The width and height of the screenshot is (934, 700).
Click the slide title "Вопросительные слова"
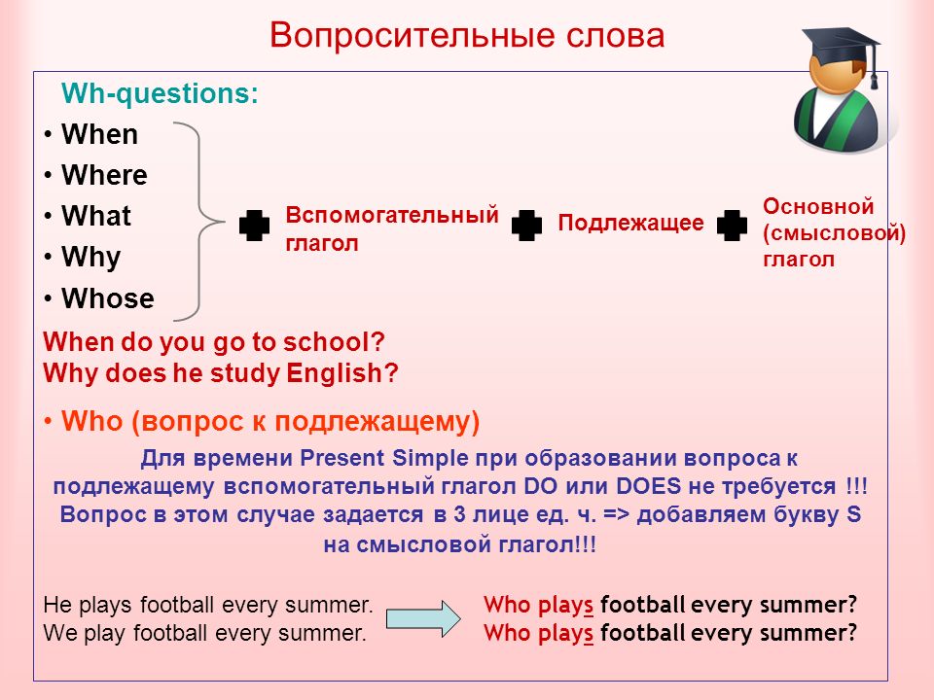pos(467,36)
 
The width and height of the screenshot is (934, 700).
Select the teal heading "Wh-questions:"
pos(160,94)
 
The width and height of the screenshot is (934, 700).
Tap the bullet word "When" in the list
pos(99,134)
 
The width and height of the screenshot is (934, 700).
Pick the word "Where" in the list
pos(104,175)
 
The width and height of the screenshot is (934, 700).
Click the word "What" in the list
pos(96,216)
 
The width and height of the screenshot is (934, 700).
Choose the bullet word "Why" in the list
pos(91,258)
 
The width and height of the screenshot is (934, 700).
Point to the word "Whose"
pos(108,298)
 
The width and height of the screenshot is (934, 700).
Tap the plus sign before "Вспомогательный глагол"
pos(254,225)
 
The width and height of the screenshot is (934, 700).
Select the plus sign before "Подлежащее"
pos(526,225)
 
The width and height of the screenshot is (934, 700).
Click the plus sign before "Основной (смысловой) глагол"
pos(732,225)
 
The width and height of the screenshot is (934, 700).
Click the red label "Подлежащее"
pos(630,224)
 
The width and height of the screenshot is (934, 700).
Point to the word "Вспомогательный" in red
pos(392,214)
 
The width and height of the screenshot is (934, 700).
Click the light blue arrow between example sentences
pos(423,619)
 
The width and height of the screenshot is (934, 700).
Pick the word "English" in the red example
pos(334,373)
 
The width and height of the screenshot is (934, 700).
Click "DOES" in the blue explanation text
pos(648,486)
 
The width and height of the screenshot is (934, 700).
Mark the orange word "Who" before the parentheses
pos(91,421)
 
